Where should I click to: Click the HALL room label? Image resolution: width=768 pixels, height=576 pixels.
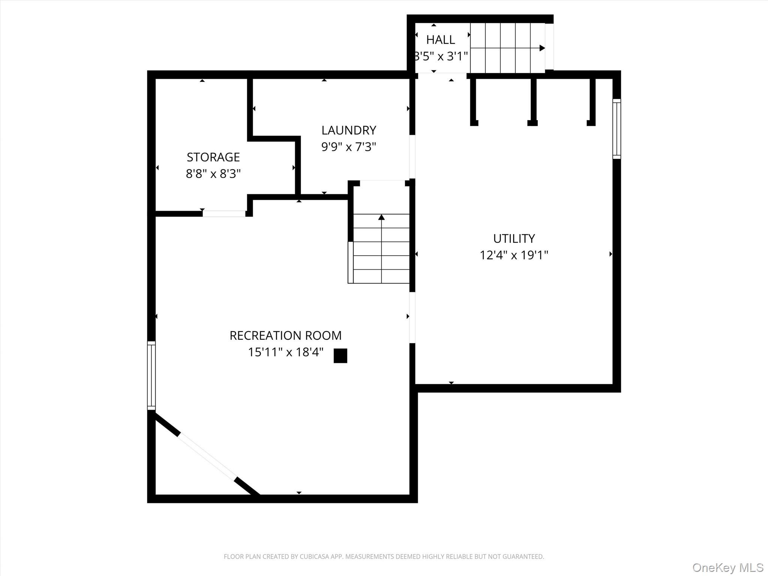[440, 40]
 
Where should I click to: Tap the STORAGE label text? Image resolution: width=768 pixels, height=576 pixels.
[213, 157]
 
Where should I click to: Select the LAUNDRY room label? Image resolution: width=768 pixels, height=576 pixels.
[348, 130]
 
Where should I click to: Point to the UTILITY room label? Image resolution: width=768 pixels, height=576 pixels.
[514, 238]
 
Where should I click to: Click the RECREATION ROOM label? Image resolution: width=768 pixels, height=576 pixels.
[285, 336]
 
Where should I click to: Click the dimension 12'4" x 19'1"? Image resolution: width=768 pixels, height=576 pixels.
[514, 255]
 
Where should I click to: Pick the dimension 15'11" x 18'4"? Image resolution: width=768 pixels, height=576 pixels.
[285, 352]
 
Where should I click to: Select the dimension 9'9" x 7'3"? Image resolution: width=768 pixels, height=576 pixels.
[348, 147]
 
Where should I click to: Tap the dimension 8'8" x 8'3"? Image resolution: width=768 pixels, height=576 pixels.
[213, 174]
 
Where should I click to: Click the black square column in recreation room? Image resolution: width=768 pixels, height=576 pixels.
[340, 356]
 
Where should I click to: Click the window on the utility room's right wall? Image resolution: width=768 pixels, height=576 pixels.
[616, 129]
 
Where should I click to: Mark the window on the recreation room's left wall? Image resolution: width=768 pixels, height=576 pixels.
[151, 375]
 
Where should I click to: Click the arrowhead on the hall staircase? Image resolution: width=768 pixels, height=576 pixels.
[542, 48]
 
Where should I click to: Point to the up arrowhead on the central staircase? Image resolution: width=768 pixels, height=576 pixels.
[381, 217]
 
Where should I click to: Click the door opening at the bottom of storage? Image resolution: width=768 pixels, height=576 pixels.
[224, 214]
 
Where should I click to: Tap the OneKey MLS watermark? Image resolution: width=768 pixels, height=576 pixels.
[727, 568]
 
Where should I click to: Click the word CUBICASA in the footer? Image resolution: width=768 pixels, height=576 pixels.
[314, 557]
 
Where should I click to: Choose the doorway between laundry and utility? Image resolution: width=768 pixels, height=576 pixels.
[412, 157]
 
